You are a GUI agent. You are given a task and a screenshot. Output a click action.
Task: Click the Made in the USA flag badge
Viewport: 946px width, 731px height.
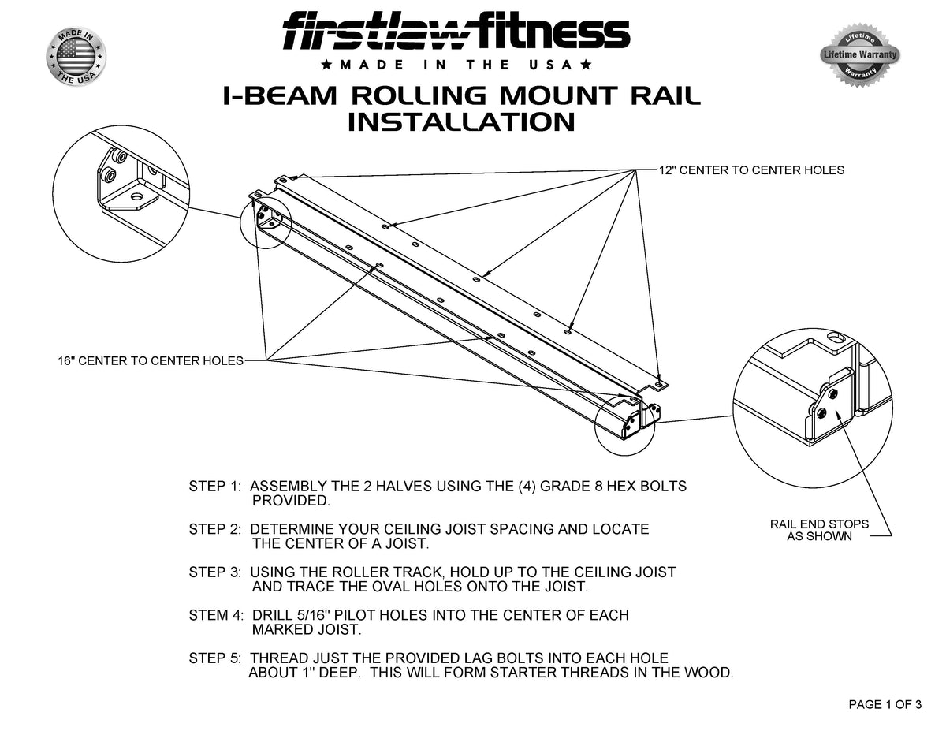pyautogui.click(x=76, y=57)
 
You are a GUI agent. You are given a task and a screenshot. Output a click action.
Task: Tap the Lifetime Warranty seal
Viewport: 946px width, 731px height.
pyautogui.click(x=859, y=55)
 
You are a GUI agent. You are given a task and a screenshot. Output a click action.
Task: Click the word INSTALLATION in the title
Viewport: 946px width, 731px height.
pyautogui.click(x=461, y=123)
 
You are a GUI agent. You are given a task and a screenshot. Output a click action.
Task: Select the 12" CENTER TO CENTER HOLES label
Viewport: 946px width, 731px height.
pyautogui.click(x=751, y=170)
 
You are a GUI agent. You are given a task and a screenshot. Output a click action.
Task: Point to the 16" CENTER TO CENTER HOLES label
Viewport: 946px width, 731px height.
pyautogui.click(x=150, y=361)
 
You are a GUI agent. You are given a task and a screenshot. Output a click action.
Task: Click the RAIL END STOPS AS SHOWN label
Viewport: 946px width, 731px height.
pyautogui.click(x=819, y=530)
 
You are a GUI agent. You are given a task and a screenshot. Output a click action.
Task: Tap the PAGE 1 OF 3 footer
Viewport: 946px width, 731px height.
pyautogui.click(x=885, y=705)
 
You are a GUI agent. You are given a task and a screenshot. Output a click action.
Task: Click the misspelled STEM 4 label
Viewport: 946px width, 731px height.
pyautogui.click(x=217, y=615)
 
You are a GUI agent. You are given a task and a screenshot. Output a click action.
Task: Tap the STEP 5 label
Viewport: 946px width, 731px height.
pyautogui.click(x=217, y=658)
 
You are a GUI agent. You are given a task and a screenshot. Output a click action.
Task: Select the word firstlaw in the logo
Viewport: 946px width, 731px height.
pyautogui.click(x=386, y=34)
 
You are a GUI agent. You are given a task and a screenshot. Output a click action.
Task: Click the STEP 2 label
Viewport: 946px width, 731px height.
pyautogui.click(x=217, y=529)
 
